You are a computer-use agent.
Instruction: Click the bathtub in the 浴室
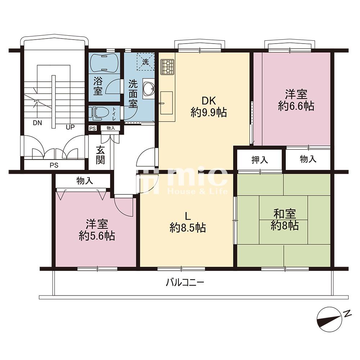pos(104,63)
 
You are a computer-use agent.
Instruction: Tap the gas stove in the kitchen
pos(168,67)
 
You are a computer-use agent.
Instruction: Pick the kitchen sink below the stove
pos(166,103)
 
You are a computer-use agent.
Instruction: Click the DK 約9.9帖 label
pos(209,107)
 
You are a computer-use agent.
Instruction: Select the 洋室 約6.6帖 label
pos(296,100)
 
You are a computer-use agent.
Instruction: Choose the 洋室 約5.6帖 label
pos(97,230)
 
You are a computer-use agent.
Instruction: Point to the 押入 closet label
pos(260,160)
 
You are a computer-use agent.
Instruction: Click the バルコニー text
pos(185,282)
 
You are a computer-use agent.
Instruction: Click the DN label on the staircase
pos(37,123)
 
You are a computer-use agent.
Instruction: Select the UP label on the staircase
pos(70,127)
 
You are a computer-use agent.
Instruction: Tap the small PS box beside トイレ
pos(93,129)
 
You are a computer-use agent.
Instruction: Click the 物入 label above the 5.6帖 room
pos(85,181)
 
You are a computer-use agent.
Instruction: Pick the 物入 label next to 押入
pos(308,159)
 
